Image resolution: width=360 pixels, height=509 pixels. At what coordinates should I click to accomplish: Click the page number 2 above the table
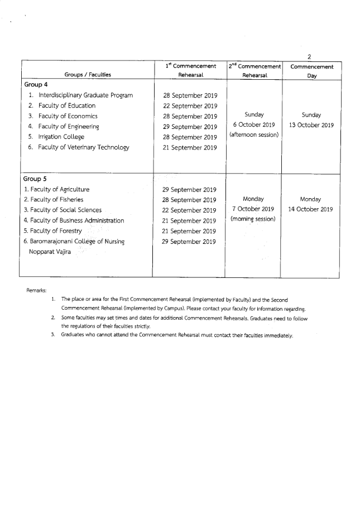pyautogui.click(x=309, y=56)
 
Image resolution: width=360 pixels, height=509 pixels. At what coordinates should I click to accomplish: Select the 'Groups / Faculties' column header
pyautogui.click(x=88, y=74)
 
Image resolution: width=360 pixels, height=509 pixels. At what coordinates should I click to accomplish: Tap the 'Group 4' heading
pyautogui.click(x=36, y=85)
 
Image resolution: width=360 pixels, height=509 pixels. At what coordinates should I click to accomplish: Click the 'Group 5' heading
pyautogui.click(x=36, y=179)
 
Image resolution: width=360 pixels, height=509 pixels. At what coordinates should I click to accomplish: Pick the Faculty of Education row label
pyautogui.click(x=66, y=105)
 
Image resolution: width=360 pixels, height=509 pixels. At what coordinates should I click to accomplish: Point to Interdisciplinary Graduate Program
pyautogui.click(x=85, y=95)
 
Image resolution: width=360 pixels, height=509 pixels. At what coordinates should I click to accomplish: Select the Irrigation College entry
pyautogui.click(x=61, y=137)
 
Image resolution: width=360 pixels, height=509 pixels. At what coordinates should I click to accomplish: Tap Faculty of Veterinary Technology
pyautogui.click(x=83, y=147)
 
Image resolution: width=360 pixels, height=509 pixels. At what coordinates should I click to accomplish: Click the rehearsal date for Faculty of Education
pyautogui.click(x=189, y=106)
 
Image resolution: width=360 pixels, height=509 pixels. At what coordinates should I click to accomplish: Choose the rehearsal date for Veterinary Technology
pyautogui.click(x=189, y=148)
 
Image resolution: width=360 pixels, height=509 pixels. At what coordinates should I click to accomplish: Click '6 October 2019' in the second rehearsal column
pyautogui.click(x=254, y=124)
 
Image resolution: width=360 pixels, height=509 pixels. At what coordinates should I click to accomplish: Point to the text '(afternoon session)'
pyautogui.click(x=254, y=135)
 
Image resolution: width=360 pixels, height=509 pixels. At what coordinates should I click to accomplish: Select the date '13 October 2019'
pyautogui.click(x=311, y=125)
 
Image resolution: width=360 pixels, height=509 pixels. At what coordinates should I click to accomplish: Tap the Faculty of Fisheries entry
pyautogui.click(x=54, y=200)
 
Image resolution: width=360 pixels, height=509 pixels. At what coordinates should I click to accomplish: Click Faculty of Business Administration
pyautogui.click(x=74, y=220)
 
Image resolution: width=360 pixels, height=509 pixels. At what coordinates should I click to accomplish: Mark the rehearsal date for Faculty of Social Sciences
pyautogui.click(x=189, y=210)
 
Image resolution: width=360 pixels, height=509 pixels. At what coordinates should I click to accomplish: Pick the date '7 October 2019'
pyautogui.click(x=254, y=209)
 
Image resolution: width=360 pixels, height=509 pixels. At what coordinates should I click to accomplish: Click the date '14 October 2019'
pyautogui.click(x=311, y=209)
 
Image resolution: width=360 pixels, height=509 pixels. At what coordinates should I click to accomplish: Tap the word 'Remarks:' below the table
pyautogui.click(x=37, y=290)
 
